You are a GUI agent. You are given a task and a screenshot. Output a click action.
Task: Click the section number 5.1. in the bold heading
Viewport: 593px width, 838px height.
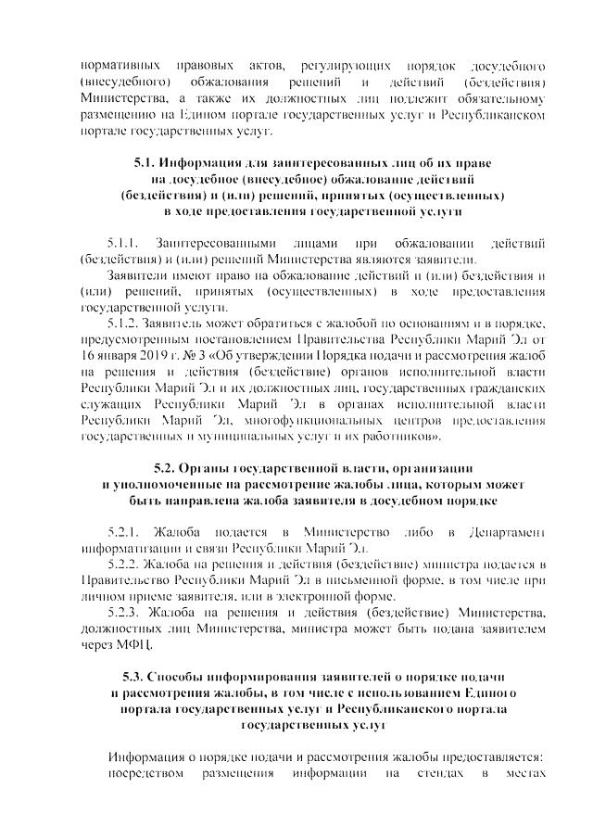pyautogui.click(x=147, y=163)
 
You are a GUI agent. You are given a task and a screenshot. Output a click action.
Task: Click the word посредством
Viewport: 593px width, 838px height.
pyautogui.click(x=146, y=772)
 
